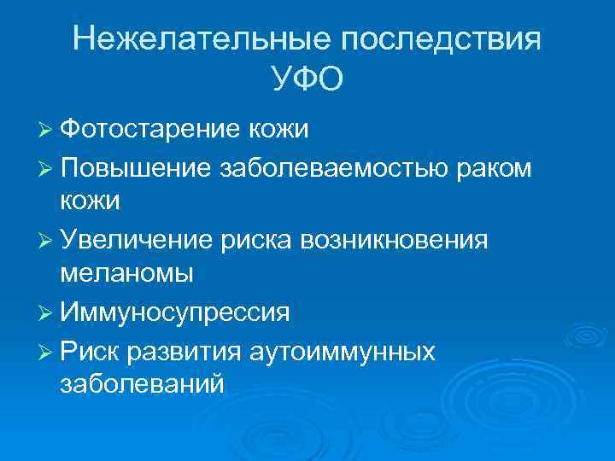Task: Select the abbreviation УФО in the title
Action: click(307, 80)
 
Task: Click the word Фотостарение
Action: click(151, 130)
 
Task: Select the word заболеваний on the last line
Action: click(143, 383)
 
